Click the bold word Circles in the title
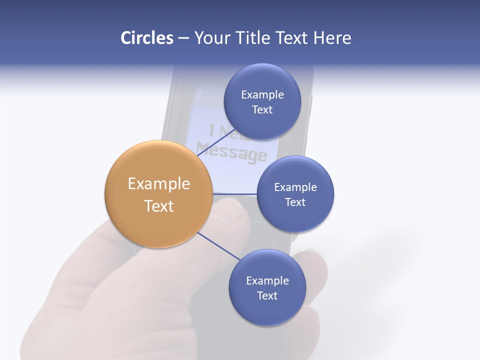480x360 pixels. click(146, 38)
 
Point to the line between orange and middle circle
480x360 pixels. click(235, 193)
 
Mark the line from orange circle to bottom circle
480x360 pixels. click(219, 246)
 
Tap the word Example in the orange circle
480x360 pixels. click(159, 184)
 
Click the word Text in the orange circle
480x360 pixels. click(159, 206)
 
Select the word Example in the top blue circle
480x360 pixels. click(262, 94)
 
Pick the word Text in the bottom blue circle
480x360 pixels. click(267, 295)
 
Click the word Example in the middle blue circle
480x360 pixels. click(295, 187)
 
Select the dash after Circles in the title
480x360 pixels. click(183, 38)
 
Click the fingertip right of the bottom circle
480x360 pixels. click(315, 265)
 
